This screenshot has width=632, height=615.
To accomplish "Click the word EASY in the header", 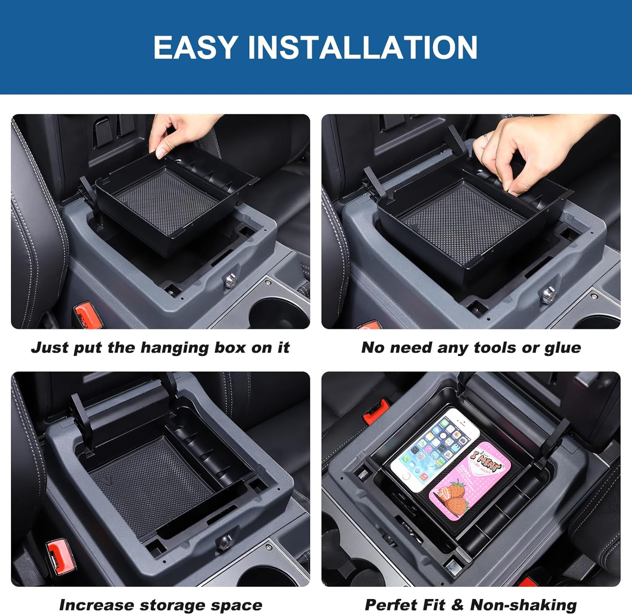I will [195, 47].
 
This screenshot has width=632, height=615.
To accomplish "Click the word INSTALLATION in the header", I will [363, 47].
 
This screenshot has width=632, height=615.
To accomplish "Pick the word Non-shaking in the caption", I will [523, 605].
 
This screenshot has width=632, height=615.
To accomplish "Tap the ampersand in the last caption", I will [457, 605].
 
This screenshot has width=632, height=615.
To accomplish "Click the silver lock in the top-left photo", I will [230, 280].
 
